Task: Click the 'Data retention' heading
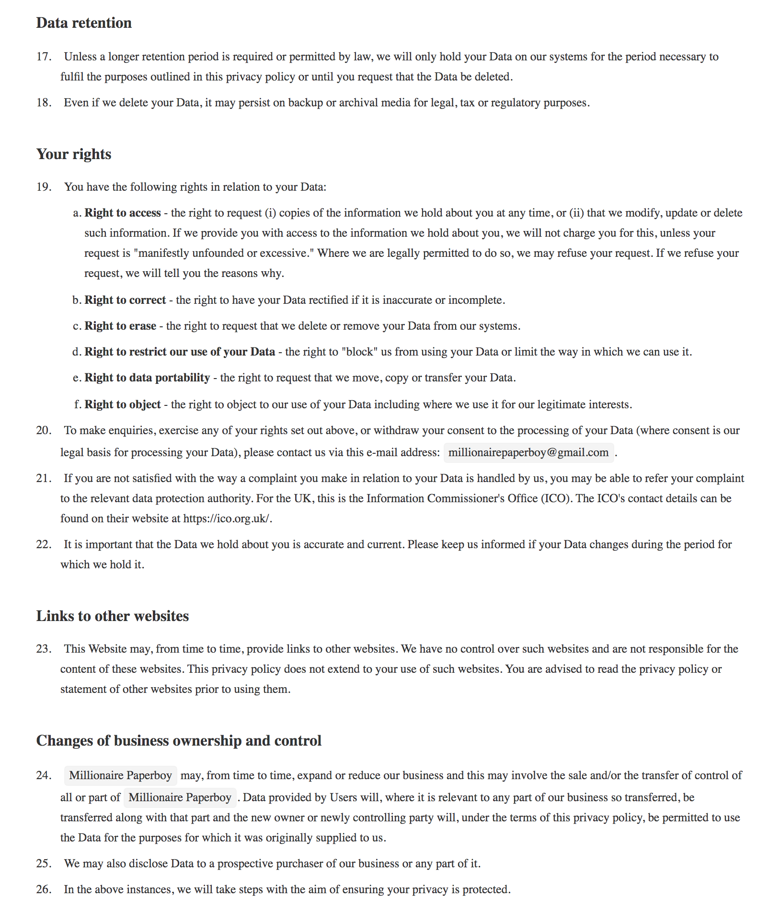tap(84, 23)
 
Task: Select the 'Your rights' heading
tap(74, 154)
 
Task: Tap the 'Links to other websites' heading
tap(113, 616)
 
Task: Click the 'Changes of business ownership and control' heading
tap(179, 741)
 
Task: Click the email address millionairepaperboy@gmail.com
tap(528, 453)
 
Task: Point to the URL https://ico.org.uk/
tap(227, 518)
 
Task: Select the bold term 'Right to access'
tap(123, 213)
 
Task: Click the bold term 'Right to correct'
tap(125, 300)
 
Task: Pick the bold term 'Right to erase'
tap(120, 326)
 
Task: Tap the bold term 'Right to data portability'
tap(147, 378)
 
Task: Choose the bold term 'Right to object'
tap(123, 404)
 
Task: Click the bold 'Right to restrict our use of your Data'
tap(180, 352)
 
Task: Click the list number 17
tap(44, 57)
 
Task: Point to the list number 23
tap(44, 649)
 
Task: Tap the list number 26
tap(44, 889)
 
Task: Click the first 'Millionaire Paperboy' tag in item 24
tap(120, 776)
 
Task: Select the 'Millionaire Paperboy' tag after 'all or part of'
tap(180, 798)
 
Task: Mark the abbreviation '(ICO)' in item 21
tap(555, 498)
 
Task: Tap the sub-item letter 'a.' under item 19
tap(77, 213)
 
